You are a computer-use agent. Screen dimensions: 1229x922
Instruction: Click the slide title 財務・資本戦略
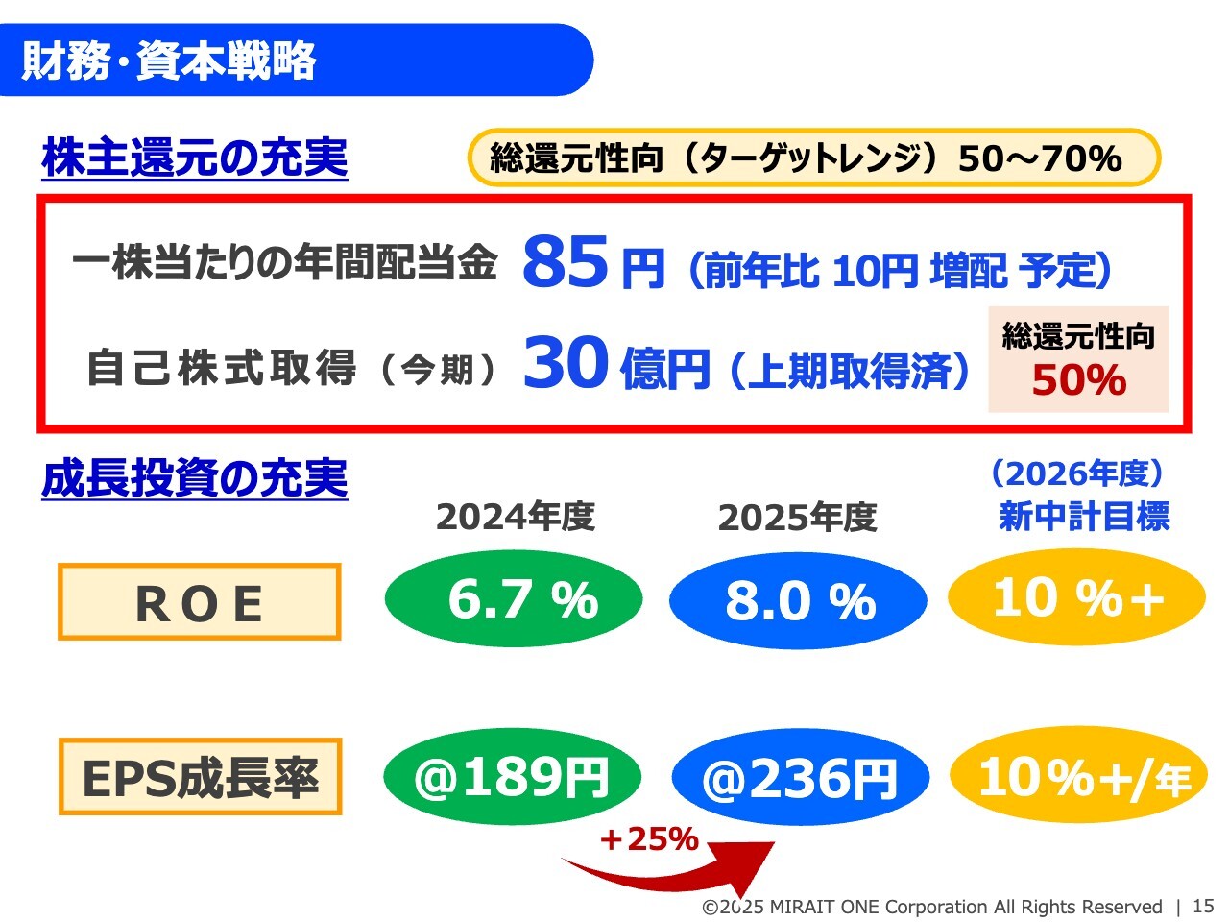(x=168, y=60)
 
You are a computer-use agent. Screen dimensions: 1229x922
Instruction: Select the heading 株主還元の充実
(x=195, y=158)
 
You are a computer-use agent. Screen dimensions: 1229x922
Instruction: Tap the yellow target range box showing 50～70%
(x=813, y=158)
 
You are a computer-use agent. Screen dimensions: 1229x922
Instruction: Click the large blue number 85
(x=565, y=261)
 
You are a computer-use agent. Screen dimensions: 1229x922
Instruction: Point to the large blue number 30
(x=566, y=362)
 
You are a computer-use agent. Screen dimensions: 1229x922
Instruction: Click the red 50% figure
(x=1079, y=380)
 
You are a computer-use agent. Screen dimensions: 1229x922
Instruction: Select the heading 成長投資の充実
(x=195, y=478)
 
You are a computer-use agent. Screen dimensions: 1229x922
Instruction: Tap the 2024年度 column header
(x=516, y=517)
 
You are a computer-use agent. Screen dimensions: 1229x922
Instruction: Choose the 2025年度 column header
(x=797, y=518)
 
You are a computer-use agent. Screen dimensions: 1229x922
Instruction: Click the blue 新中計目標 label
(x=1084, y=516)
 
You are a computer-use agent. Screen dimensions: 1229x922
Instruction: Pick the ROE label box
(x=200, y=602)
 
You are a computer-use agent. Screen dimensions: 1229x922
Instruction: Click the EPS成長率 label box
(x=200, y=776)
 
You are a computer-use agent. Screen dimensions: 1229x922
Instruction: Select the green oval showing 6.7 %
(x=514, y=598)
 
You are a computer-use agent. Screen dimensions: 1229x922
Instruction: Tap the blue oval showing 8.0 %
(x=798, y=600)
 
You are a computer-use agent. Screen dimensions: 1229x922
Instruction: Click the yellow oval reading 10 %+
(x=1076, y=596)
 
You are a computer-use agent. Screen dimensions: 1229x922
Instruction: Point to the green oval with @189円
(x=513, y=776)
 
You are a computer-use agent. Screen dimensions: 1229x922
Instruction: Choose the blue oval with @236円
(x=801, y=777)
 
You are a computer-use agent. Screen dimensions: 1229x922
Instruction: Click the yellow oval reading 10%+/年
(x=1079, y=775)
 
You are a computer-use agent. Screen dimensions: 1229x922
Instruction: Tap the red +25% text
(x=649, y=839)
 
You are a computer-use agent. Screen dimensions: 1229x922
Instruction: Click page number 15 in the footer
(x=1203, y=906)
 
